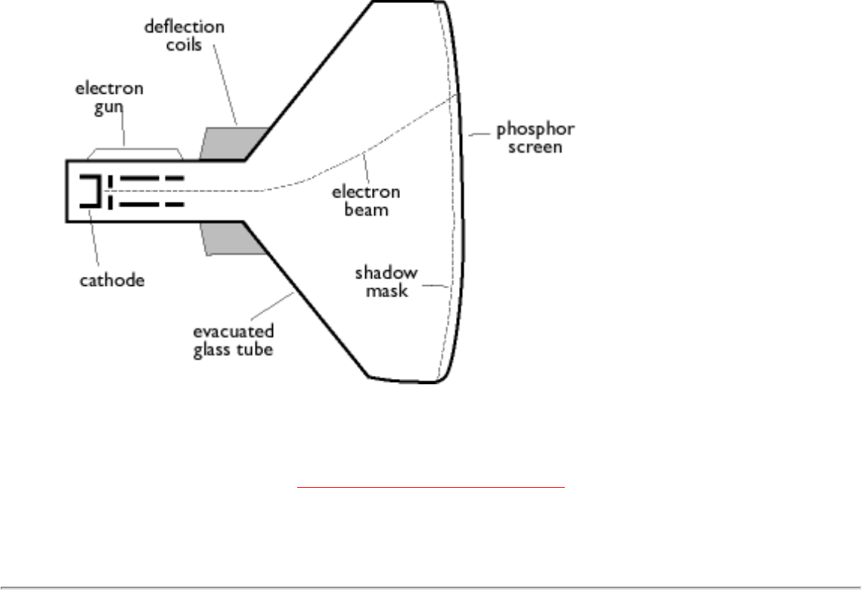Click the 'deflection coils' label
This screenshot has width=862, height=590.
coord(184,36)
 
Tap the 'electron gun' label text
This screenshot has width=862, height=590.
coord(109,98)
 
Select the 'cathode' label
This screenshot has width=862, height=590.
coord(112,281)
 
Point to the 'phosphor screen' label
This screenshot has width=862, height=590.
coord(535,138)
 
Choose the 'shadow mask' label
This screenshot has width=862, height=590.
coord(386,281)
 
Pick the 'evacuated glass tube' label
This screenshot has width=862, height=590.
coord(232,341)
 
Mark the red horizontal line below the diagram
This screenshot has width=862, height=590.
coord(431,488)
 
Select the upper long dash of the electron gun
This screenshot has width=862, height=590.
coord(151,179)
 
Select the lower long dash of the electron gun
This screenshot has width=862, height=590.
coord(151,205)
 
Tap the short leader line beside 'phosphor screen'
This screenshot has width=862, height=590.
coord(478,135)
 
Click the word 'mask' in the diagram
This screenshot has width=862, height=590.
coord(386,290)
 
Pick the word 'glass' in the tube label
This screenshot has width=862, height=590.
coord(212,351)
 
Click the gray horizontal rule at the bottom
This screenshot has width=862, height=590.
coord(431,587)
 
